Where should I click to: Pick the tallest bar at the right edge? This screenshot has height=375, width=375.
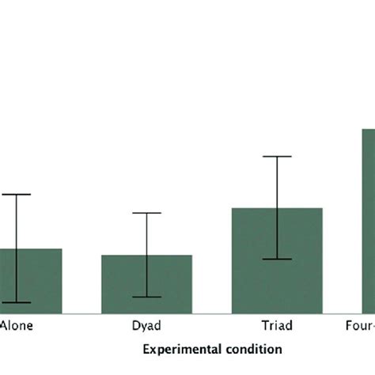point(369,222)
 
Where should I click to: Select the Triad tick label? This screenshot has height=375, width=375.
point(276,325)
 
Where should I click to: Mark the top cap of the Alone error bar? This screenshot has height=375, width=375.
point(16,194)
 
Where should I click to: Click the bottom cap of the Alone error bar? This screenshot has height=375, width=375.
point(16,302)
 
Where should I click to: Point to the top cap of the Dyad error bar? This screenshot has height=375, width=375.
point(146,213)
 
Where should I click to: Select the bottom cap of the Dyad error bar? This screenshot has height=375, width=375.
point(146,297)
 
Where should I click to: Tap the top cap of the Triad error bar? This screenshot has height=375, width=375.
point(277,157)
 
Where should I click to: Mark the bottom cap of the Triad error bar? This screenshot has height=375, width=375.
point(277,259)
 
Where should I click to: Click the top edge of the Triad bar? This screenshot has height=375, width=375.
point(253,209)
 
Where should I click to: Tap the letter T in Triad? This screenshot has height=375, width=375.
point(264,325)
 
